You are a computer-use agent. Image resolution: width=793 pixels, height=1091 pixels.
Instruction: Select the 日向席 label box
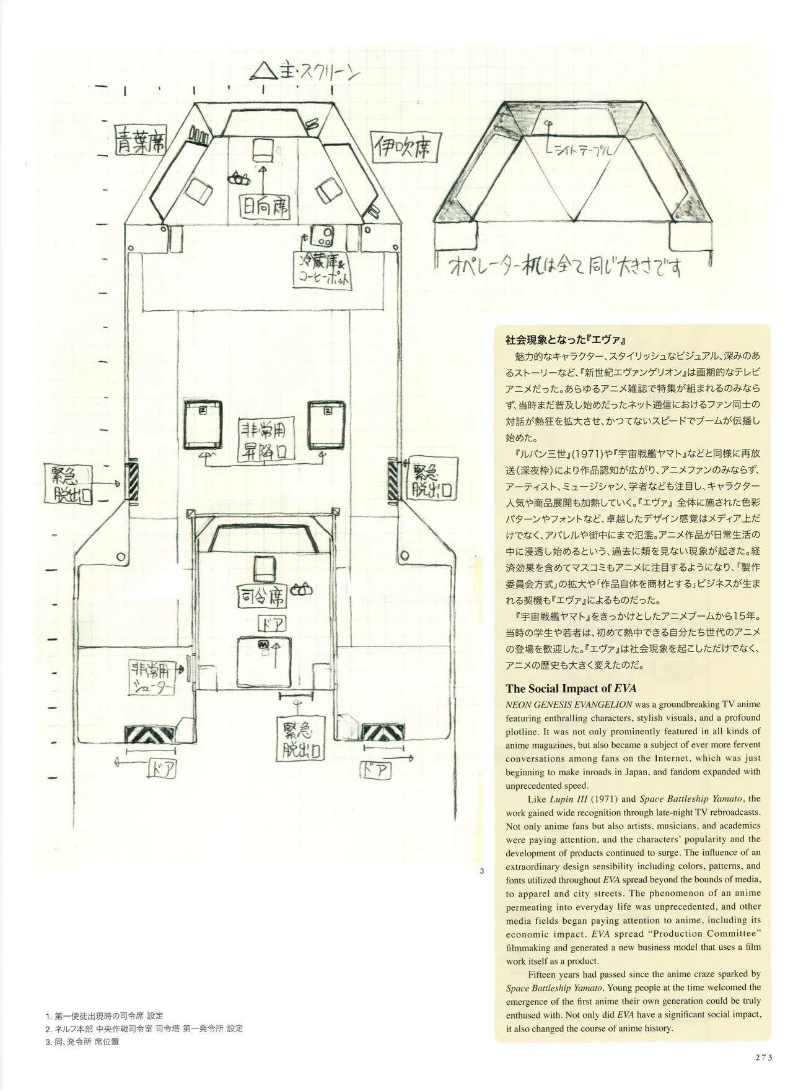pyautogui.click(x=266, y=204)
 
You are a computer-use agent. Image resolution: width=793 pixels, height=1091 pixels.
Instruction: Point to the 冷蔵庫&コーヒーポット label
pyautogui.click(x=324, y=270)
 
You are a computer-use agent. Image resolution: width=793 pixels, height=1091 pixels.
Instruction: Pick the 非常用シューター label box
pyautogui.click(x=152, y=676)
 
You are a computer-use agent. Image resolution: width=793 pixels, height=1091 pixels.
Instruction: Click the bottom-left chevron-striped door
pyautogui.click(x=151, y=734)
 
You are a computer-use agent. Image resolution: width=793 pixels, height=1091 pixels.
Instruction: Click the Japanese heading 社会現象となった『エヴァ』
pyautogui.click(x=569, y=340)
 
